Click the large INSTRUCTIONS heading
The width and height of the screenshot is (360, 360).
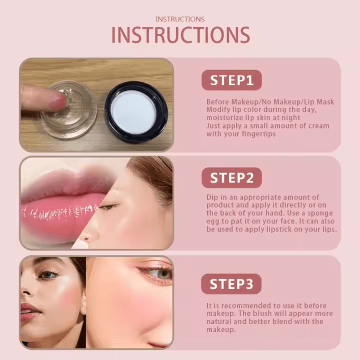[180, 35]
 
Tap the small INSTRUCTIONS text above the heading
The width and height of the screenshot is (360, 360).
[180, 19]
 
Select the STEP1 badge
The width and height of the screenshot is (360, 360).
[231, 80]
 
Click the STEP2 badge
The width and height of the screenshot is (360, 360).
[231, 177]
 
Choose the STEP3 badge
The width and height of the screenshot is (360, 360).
[231, 284]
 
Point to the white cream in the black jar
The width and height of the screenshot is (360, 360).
[133, 112]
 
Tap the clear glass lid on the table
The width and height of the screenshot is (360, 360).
[68, 110]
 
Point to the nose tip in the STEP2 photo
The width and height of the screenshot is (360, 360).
[85, 238]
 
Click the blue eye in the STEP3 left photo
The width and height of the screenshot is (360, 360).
[48, 274]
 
